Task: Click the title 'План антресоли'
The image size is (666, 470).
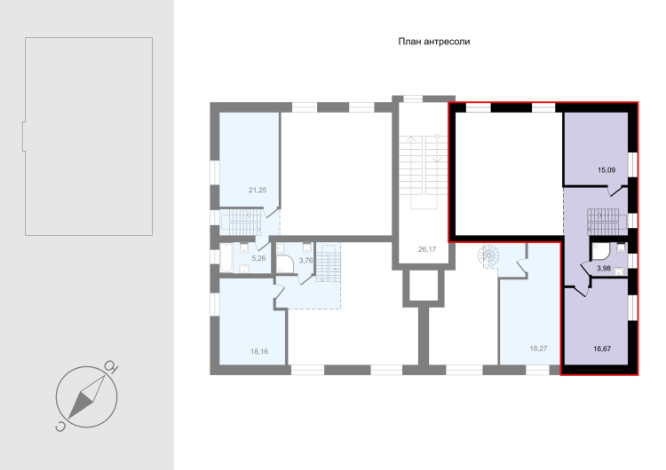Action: [x=433, y=42]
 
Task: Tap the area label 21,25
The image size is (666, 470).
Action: [x=258, y=190]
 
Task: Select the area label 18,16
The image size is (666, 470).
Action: [x=259, y=351]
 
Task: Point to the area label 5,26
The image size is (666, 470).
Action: [x=258, y=258]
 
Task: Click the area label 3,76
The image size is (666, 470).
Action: [x=305, y=261]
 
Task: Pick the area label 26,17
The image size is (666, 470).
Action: [x=427, y=249]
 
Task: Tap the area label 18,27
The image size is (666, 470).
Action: [x=538, y=349]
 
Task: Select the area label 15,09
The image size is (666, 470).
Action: [x=607, y=170]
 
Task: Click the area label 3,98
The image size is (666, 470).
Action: [x=604, y=268]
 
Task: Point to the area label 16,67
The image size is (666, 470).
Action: [x=602, y=349]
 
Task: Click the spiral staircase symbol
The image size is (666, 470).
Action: [x=489, y=255]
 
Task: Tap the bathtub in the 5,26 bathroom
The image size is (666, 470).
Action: [x=226, y=258]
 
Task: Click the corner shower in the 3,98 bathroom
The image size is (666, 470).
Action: [x=600, y=252]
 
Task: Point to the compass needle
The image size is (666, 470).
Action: [x=87, y=397]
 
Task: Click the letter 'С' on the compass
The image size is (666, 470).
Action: [x=60, y=427]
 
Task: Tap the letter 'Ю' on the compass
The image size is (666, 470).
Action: [x=112, y=365]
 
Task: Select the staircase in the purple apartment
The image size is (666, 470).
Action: [x=607, y=221]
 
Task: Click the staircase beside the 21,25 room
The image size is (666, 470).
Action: [x=242, y=222]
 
